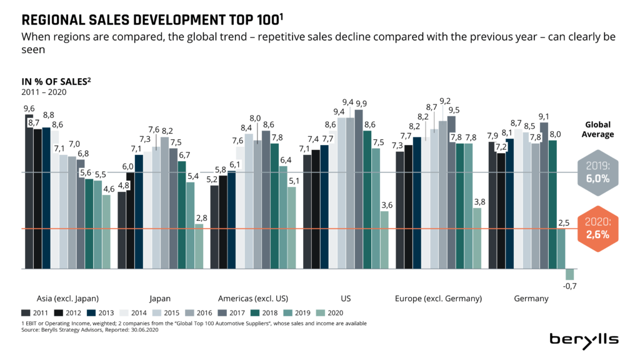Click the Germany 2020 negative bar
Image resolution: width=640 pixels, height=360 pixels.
click(569, 274)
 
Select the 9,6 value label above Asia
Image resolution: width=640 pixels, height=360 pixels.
click(29, 108)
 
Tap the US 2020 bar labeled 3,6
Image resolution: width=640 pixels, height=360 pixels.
click(384, 240)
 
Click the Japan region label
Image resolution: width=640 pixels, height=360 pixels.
click(160, 298)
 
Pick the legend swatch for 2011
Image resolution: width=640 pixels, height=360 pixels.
click(26, 312)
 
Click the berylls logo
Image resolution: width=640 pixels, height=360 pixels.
click(584, 339)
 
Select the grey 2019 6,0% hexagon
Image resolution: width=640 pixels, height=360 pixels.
click(598, 171)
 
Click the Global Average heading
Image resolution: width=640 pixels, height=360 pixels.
click(598, 129)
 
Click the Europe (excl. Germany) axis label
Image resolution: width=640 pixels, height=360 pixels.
click(438, 298)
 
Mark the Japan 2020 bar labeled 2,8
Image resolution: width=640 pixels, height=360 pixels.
click(199, 246)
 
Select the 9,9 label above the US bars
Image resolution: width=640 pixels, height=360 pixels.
click(361, 103)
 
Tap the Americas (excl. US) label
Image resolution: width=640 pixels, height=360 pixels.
click(252, 298)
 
